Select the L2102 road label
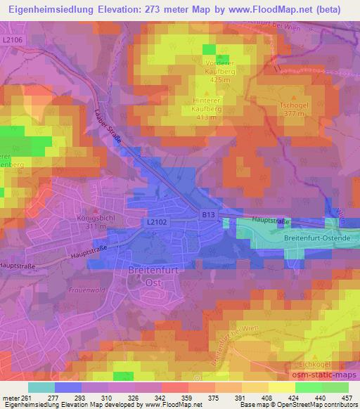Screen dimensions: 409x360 point(157,221)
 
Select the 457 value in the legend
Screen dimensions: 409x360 point(347,398)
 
